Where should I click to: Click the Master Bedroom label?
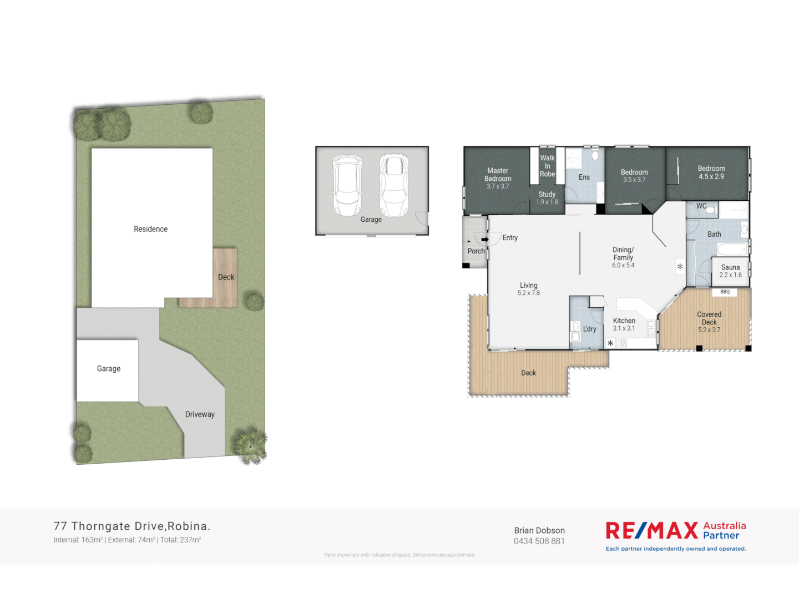(x=498, y=175)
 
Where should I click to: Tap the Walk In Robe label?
(x=547, y=166)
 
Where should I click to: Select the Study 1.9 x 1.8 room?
(x=547, y=198)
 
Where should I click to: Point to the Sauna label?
(x=730, y=267)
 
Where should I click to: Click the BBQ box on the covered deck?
(x=725, y=292)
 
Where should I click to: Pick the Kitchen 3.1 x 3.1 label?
(x=624, y=324)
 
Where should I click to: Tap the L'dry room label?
(x=589, y=329)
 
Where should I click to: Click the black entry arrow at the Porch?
(x=484, y=240)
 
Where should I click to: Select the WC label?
(x=701, y=206)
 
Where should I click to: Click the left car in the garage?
(x=347, y=185)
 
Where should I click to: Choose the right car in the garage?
(x=394, y=185)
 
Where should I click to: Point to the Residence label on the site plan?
(x=150, y=229)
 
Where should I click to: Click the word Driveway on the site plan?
(x=200, y=414)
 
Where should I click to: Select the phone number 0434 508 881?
(x=539, y=541)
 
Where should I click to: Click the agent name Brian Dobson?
(x=539, y=531)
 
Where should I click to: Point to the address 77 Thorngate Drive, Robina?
(x=132, y=526)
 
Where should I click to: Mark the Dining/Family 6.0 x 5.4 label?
(x=623, y=257)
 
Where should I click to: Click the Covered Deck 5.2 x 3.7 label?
(x=709, y=322)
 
